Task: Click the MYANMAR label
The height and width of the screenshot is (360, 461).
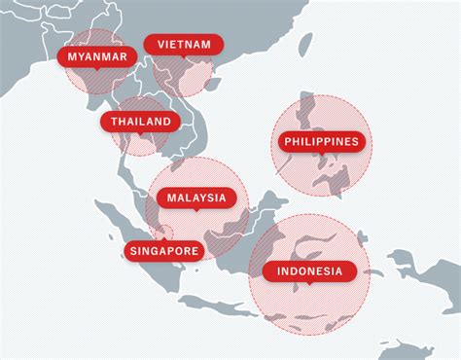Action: pyautogui.click(x=97, y=56)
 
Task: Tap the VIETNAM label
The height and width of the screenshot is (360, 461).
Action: pyautogui.click(x=183, y=45)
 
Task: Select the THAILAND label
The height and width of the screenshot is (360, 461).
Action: pyautogui.click(x=141, y=122)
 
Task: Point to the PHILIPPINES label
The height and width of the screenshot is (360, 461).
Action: pyautogui.click(x=322, y=142)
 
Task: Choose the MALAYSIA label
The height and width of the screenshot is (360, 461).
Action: pyautogui.click(x=196, y=198)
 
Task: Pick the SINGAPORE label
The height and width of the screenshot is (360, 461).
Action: pyautogui.click(x=163, y=251)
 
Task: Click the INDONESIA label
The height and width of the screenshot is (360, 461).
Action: pyautogui.click(x=309, y=271)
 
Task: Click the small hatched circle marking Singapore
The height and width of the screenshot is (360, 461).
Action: pyautogui.click(x=166, y=234)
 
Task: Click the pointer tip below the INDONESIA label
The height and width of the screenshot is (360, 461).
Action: pyautogui.click(x=309, y=284)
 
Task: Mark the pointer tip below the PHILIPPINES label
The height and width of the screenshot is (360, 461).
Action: pyautogui.click(x=322, y=155)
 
